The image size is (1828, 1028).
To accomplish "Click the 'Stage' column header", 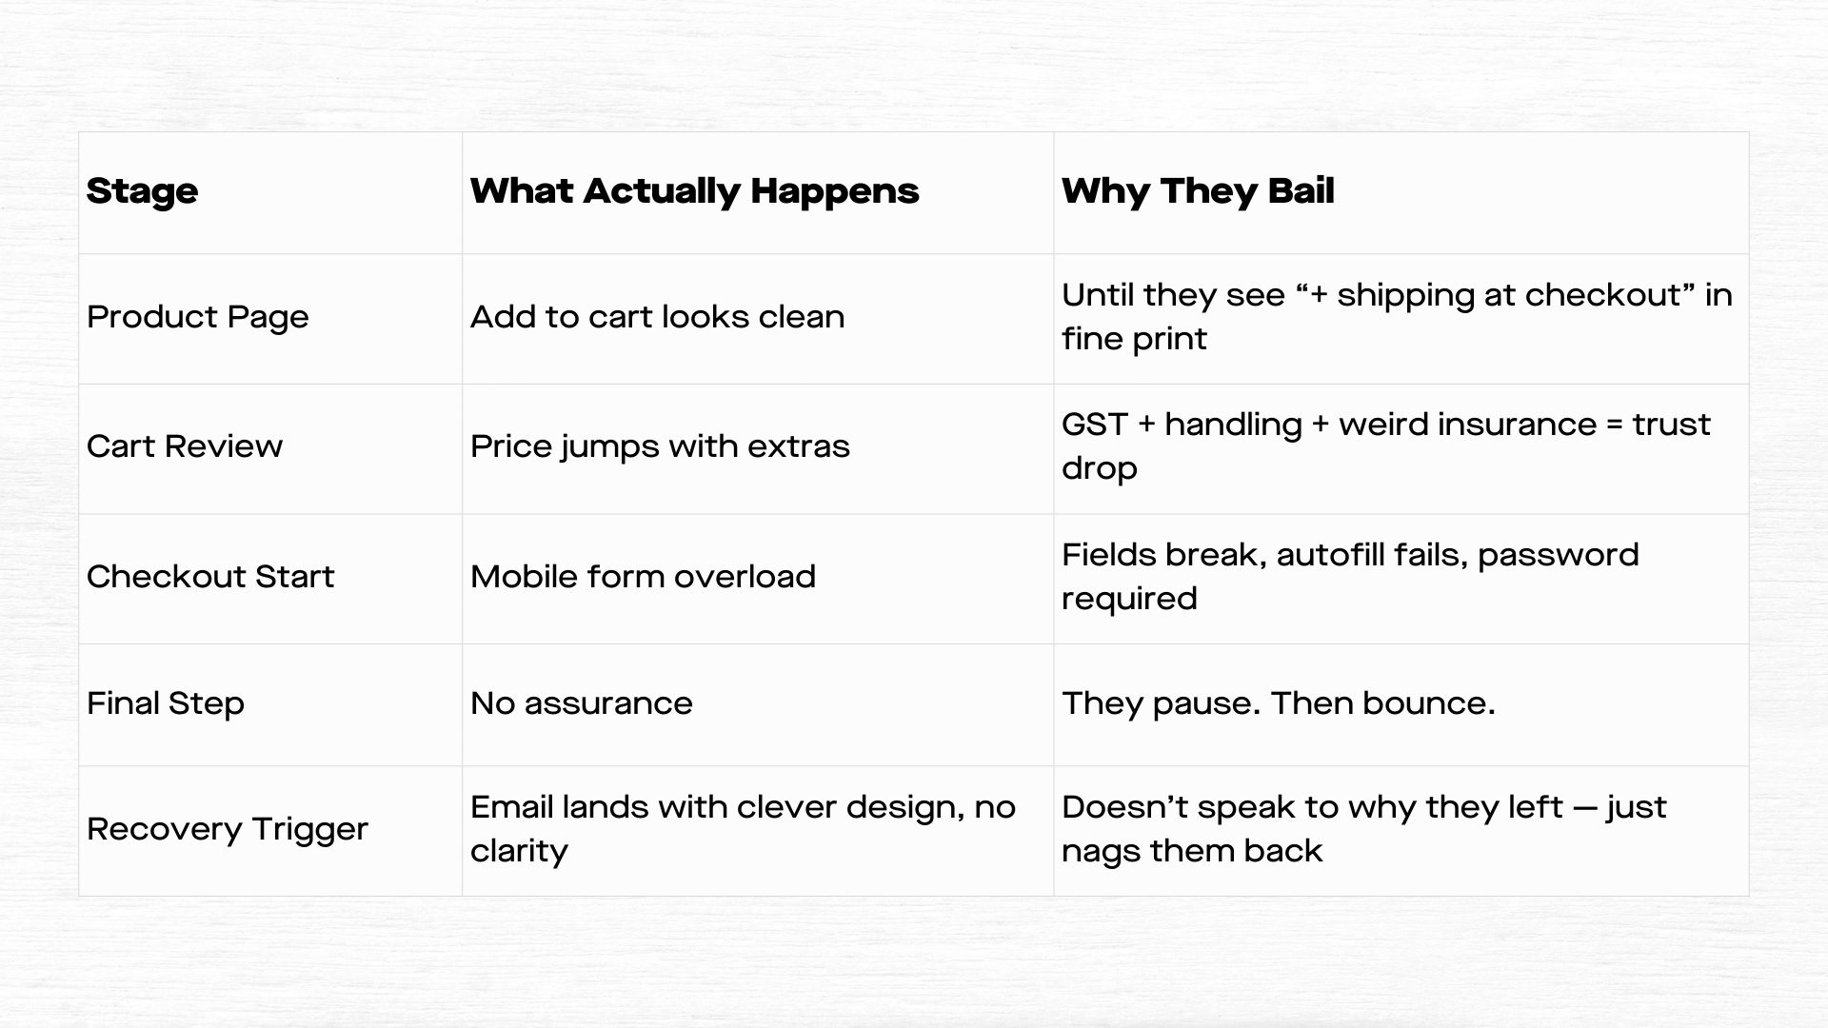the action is pos(142,191).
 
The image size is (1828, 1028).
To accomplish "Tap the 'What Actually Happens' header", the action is pos(694,191).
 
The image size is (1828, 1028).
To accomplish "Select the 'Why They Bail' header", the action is pos(1198,191).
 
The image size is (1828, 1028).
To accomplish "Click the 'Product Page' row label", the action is pos(198,317).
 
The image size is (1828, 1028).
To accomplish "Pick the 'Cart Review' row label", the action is pos(185,446).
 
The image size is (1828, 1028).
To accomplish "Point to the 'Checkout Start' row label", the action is pos(210,577).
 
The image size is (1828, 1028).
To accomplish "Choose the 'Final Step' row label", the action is pos(166,703).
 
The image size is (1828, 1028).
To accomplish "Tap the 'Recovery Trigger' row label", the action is pos(228,829).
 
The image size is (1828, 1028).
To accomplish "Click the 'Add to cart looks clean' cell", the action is pos(657,317).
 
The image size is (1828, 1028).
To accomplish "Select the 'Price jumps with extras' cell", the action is pos(660,446).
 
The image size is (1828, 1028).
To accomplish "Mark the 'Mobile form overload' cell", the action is pos(643,577).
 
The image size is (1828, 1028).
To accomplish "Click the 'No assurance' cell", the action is pos(582,703).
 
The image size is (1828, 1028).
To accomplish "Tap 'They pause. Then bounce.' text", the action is pos(1279,703).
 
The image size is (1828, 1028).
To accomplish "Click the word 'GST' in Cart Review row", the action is pos(1095,425).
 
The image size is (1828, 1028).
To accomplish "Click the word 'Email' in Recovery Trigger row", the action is pos(511,807).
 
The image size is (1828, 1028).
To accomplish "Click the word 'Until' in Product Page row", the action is pos(1098,295).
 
